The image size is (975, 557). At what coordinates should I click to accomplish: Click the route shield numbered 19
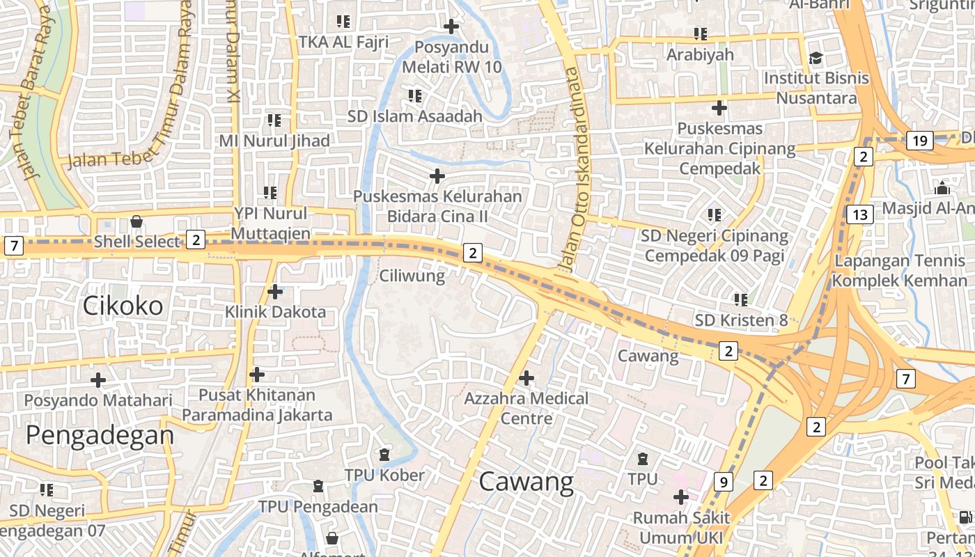[920, 141]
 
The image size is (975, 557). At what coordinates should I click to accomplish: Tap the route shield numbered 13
[860, 214]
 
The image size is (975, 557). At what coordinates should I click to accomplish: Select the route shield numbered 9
[724, 481]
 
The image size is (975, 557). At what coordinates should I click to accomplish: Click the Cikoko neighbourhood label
[123, 305]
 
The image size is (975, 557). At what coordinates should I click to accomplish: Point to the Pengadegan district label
[100, 435]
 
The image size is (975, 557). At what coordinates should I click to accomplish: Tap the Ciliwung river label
[412, 276]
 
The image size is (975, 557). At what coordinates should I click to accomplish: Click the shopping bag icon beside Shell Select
[136, 221]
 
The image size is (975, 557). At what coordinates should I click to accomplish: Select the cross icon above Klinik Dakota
[275, 291]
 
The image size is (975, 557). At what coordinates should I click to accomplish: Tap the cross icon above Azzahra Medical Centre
[526, 378]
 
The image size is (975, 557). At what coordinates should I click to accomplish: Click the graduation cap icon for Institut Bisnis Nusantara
[816, 58]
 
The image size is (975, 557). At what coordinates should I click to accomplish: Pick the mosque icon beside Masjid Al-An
[942, 188]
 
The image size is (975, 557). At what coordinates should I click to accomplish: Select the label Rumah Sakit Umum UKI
[681, 528]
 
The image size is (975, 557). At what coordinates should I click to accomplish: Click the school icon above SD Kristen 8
[740, 300]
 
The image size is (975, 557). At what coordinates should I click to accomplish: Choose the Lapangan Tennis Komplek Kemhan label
[900, 271]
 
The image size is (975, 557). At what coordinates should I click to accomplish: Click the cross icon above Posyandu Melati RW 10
[451, 27]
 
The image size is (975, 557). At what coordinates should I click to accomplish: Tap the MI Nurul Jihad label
[274, 141]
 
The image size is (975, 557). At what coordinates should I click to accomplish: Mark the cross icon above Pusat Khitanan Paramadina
[257, 375]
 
